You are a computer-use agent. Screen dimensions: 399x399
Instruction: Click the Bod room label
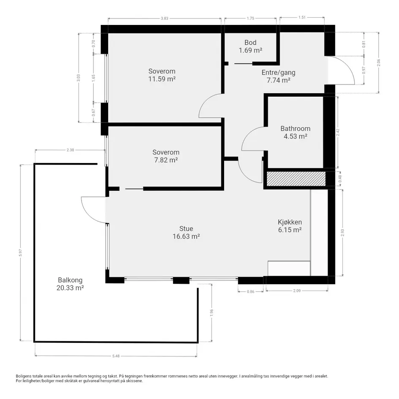pyautogui.click(x=250, y=43)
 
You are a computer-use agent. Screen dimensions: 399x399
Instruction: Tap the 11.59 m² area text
pyautogui.click(x=162, y=79)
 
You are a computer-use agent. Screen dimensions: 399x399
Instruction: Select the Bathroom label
pyautogui.click(x=296, y=128)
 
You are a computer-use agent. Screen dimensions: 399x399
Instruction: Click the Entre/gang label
pyautogui.click(x=279, y=73)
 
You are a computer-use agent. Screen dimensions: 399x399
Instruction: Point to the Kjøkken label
pyautogui.click(x=290, y=222)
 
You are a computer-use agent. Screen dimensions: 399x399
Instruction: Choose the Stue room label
pyautogui.click(x=186, y=228)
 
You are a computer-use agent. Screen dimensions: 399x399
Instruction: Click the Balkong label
pyautogui.click(x=70, y=280)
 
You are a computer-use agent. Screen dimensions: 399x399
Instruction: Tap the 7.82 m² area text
pyautogui.click(x=166, y=160)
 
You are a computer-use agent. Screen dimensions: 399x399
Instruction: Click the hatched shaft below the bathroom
pyautogui.click(x=296, y=179)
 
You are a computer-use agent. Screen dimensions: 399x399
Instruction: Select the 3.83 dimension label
pyautogui.click(x=165, y=18)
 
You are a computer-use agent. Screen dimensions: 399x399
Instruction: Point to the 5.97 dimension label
pyautogui.click(x=21, y=252)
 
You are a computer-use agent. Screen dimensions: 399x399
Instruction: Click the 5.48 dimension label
pyautogui.click(x=116, y=356)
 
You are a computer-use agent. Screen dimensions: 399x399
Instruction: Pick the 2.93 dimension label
pyautogui.click(x=342, y=233)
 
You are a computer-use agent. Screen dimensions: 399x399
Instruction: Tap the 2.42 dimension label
pyautogui.click(x=338, y=132)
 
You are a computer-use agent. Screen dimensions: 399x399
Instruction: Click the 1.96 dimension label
pyautogui.click(x=212, y=313)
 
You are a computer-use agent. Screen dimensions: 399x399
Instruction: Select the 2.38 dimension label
pyautogui.click(x=70, y=150)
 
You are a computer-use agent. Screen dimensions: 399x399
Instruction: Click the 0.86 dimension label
pyautogui.click(x=251, y=292)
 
